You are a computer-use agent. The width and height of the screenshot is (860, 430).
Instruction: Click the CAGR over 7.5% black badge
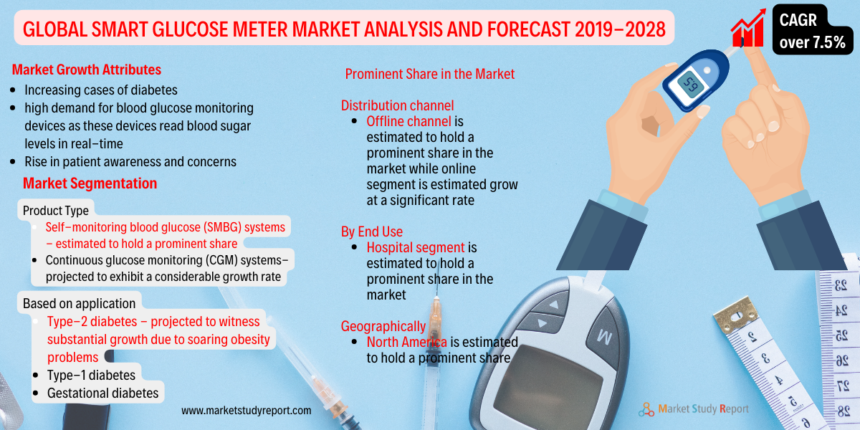coord(813,30)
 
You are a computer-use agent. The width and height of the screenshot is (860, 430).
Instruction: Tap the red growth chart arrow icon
coord(748,28)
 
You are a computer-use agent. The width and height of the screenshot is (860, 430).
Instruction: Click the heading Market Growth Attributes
coord(87,70)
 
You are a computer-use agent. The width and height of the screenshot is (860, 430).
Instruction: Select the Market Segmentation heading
coord(90,183)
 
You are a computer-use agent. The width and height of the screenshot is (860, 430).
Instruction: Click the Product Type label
coord(56,211)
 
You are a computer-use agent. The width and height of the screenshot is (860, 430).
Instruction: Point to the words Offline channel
coord(408,121)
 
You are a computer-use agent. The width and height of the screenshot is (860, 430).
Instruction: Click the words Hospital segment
coord(416,248)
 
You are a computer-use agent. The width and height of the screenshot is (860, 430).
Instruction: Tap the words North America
coord(406,342)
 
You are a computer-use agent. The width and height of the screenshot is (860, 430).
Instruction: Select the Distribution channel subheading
coord(397,105)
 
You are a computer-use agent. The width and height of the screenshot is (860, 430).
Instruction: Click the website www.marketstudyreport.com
coord(246,411)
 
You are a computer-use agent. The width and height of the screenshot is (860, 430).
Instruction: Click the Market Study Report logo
coord(694,409)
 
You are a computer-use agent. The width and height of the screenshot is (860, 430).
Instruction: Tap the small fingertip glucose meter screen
coord(691,85)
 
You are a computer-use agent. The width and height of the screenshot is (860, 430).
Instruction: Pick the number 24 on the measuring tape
coord(841,310)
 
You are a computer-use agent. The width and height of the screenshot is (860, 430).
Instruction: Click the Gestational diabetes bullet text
coord(102,393)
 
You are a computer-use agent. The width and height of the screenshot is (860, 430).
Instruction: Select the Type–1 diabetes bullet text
coord(91,375)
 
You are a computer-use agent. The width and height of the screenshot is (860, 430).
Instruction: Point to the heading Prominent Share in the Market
coord(429,74)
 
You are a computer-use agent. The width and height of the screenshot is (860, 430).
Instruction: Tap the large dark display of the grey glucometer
coord(547,388)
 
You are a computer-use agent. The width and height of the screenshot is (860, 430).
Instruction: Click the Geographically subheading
coord(383,326)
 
